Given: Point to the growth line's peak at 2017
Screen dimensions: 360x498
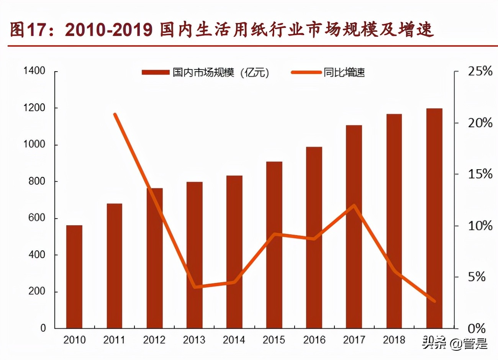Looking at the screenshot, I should pyautogui.click(x=354, y=206).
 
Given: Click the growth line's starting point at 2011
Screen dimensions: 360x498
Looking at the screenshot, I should pyautogui.click(x=115, y=114).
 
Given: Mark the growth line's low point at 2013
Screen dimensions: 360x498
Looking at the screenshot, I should pyautogui.click(x=195, y=287).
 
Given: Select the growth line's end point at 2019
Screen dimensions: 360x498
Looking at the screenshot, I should pyautogui.click(x=434, y=301).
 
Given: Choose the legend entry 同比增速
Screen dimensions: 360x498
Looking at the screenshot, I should pyautogui.click(x=328, y=72).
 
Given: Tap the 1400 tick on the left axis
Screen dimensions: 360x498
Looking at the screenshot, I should pyautogui.click(x=34, y=71).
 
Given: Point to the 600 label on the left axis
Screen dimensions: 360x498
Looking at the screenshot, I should pyautogui.click(x=37, y=218).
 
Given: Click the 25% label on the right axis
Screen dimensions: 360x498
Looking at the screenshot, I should pyautogui.click(x=480, y=71).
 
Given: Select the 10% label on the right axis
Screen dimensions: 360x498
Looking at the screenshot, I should pyautogui.click(x=480, y=226).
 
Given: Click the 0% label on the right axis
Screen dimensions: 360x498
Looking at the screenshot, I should pyautogui.click(x=477, y=328).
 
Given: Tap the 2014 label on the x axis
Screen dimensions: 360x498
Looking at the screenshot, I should pyautogui.click(x=234, y=340).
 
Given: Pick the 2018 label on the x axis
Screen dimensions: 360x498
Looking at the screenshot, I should pyautogui.click(x=394, y=340).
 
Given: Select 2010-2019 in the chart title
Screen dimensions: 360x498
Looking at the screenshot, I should pyautogui.click(x=109, y=30).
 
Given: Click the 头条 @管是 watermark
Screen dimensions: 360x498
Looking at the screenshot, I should pyautogui.click(x=455, y=344).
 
